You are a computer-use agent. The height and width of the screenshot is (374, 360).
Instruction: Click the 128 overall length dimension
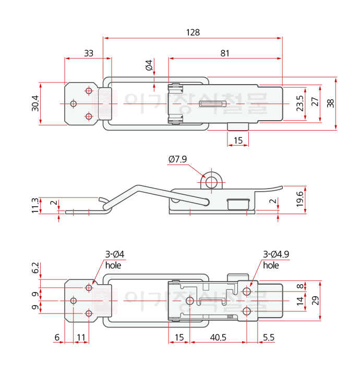[x=193, y=32]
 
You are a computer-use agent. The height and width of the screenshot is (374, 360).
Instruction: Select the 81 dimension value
[x=225, y=53]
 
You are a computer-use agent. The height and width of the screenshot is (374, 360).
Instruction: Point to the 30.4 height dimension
[x=35, y=103]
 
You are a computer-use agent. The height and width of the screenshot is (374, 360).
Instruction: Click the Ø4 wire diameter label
[x=149, y=66]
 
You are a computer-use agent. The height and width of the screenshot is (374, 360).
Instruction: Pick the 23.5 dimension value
[x=299, y=103]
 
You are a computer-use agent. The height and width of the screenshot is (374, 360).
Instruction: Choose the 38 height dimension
[x=330, y=103]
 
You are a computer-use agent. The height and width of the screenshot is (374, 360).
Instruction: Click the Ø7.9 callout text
[x=177, y=160]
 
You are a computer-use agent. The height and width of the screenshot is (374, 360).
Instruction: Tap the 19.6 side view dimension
[x=299, y=198]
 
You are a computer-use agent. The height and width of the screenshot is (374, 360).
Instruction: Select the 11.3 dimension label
[x=35, y=205]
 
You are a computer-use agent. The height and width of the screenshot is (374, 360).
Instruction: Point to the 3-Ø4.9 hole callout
[x=276, y=254]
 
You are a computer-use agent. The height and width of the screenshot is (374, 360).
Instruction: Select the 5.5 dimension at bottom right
[x=269, y=337]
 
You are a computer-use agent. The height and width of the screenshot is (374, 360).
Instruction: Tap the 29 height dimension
[x=315, y=300]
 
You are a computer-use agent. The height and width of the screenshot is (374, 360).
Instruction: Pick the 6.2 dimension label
[x=35, y=268]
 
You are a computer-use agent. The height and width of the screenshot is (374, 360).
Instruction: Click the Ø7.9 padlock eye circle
[x=212, y=182]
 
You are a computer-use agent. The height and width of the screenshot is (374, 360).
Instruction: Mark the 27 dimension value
[x=315, y=102]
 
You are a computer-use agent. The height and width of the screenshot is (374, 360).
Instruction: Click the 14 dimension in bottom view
[x=299, y=301]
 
